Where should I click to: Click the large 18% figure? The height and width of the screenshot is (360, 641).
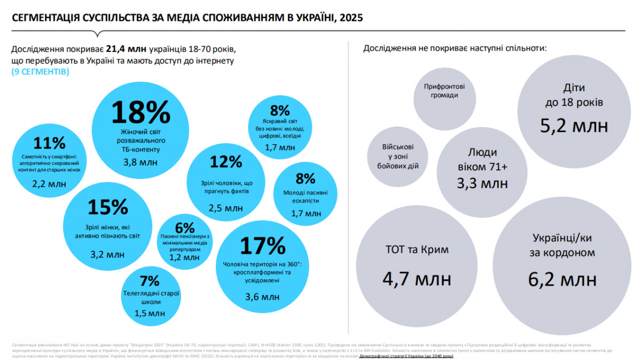click(140, 112)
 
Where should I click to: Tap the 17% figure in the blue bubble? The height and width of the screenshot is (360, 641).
click(262, 246)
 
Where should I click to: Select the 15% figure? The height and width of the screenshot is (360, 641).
click(108, 207)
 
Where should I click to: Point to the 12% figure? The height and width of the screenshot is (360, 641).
click(226, 162)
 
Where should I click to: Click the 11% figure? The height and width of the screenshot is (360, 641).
click(49, 143)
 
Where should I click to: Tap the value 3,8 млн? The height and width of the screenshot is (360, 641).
click(140, 162)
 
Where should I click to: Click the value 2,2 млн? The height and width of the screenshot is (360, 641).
click(49, 184)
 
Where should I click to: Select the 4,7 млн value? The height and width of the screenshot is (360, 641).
click(417, 279)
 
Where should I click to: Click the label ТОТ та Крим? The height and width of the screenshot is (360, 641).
click(417, 249)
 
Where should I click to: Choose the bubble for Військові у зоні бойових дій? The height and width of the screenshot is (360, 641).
click(396, 156)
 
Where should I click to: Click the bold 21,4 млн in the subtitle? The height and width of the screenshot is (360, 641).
click(128, 49)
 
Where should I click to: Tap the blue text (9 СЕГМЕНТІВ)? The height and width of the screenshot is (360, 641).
click(40, 71)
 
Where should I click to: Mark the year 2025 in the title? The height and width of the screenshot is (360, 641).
click(349, 18)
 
